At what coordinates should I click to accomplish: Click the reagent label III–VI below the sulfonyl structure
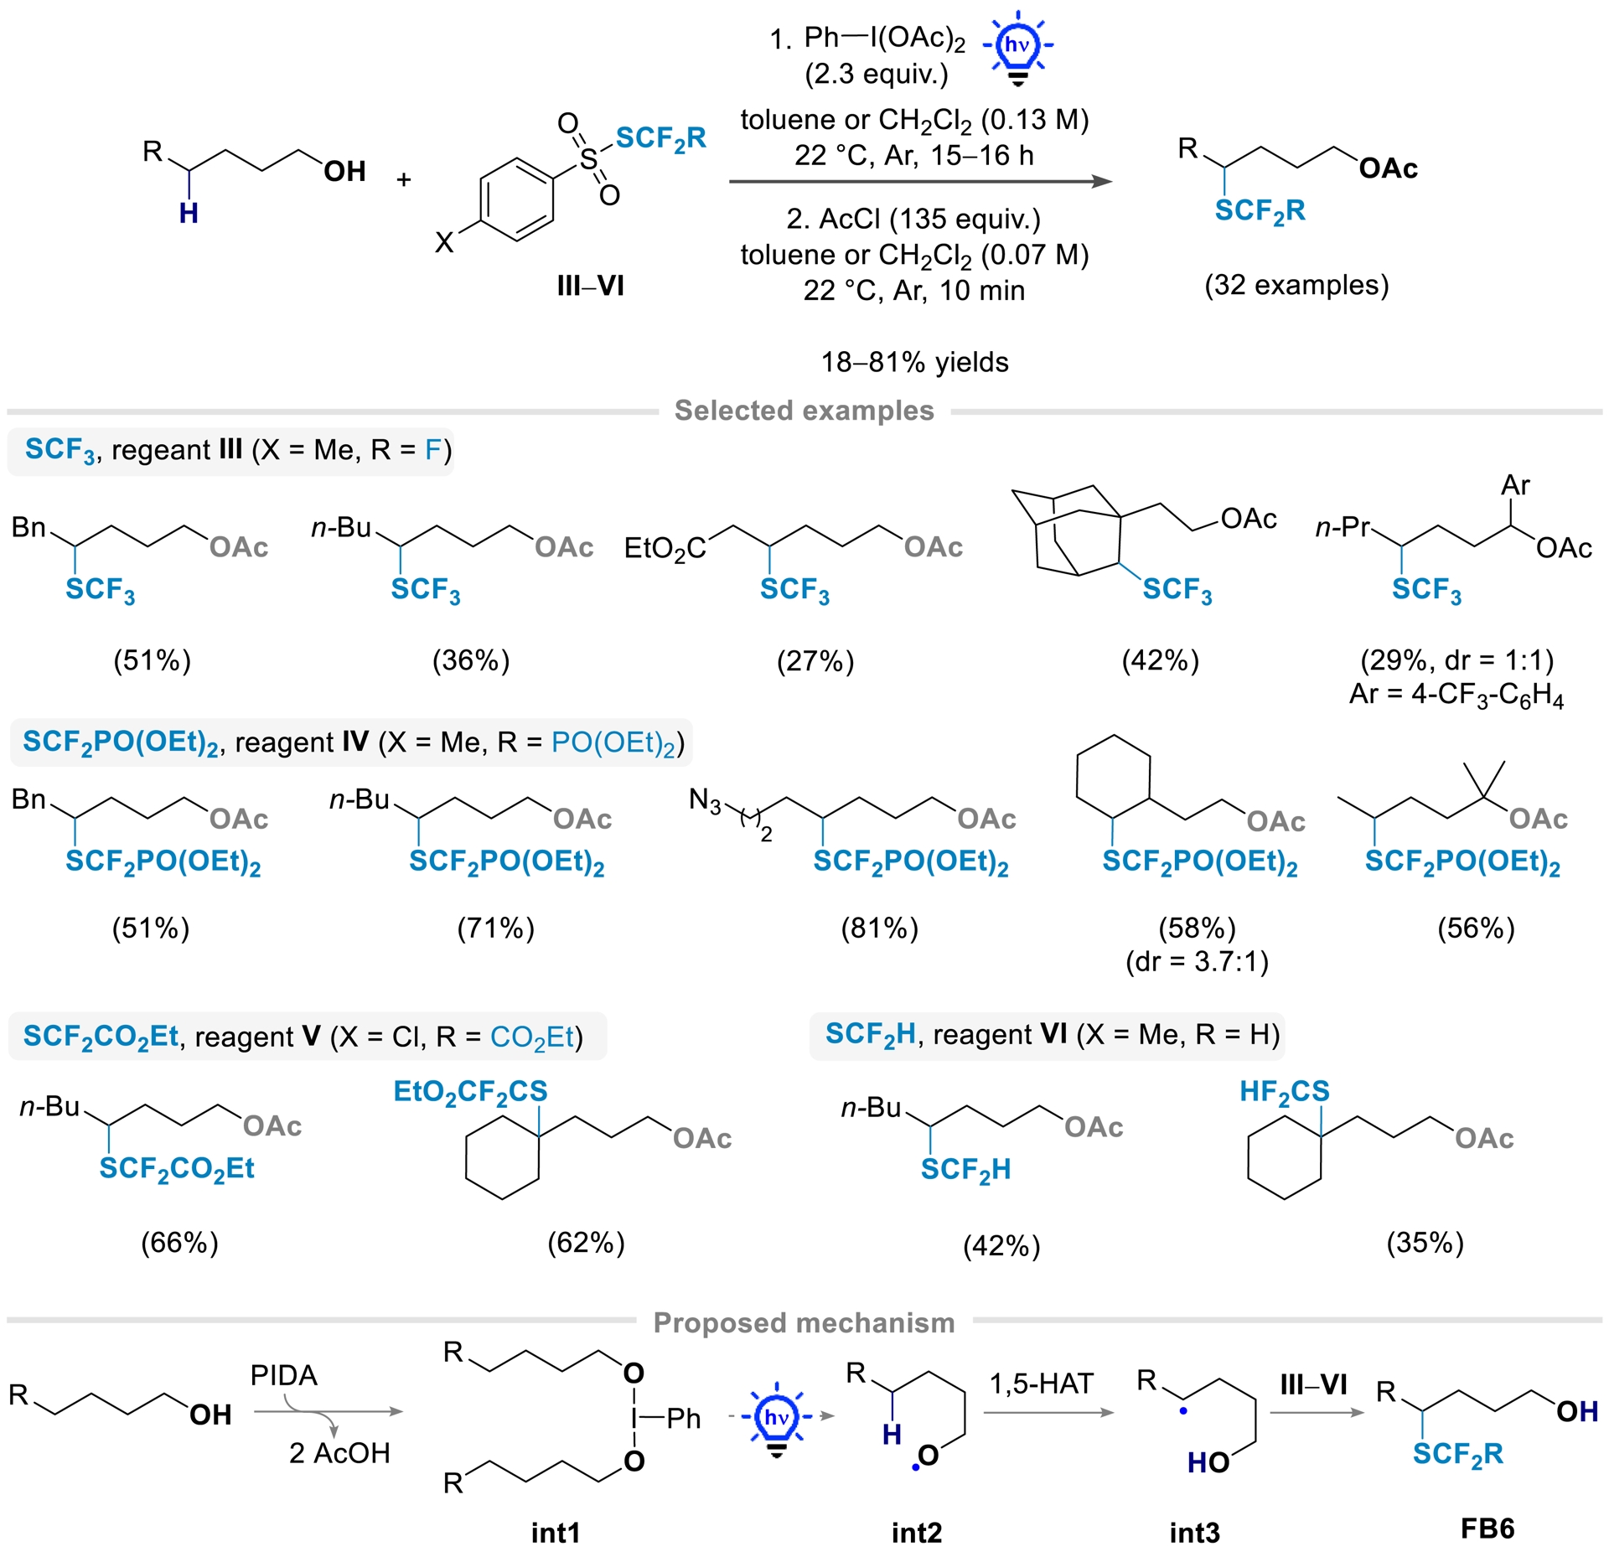click(x=590, y=286)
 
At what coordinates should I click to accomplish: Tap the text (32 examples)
click(x=1296, y=285)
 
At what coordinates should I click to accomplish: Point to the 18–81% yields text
click(x=914, y=362)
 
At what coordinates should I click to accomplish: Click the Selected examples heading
click(x=804, y=411)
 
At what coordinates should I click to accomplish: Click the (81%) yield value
click(x=879, y=929)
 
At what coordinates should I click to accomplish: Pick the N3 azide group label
click(x=704, y=800)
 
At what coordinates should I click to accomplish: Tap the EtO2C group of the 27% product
click(x=665, y=549)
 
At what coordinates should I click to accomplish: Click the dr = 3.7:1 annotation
click(x=1197, y=961)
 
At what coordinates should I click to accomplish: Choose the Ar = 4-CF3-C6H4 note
click(x=1456, y=696)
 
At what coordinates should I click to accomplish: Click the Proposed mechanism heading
click(x=804, y=1322)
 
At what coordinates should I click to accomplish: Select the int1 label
click(x=555, y=1533)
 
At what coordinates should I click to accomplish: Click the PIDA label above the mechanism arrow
click(x=283, y=1375)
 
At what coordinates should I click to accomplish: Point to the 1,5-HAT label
click(x=1041, y=1384)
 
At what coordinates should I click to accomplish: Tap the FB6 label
click(x=1487, y=1529)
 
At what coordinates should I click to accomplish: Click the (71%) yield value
click(x=495, y=929)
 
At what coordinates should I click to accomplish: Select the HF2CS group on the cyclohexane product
click(x=1284, y=1091)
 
